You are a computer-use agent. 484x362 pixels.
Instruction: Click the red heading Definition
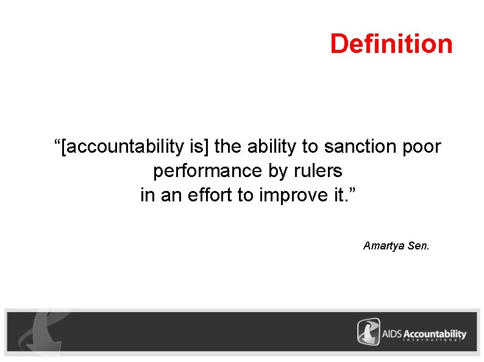pyautogui.click(x=391, y=44)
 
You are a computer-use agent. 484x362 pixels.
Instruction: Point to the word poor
pyautogui.click(x=420, y=147)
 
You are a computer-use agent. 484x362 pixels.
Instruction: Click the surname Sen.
pyautogui.click(x=418, y=246)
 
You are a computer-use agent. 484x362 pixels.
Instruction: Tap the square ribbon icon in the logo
pyautogui.click(x=368, y=332)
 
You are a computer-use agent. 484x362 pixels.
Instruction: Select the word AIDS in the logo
pyautogui.click(x=393, y=334)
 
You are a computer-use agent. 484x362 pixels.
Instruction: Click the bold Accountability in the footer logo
pyautogui.click(x=435, y=334)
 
